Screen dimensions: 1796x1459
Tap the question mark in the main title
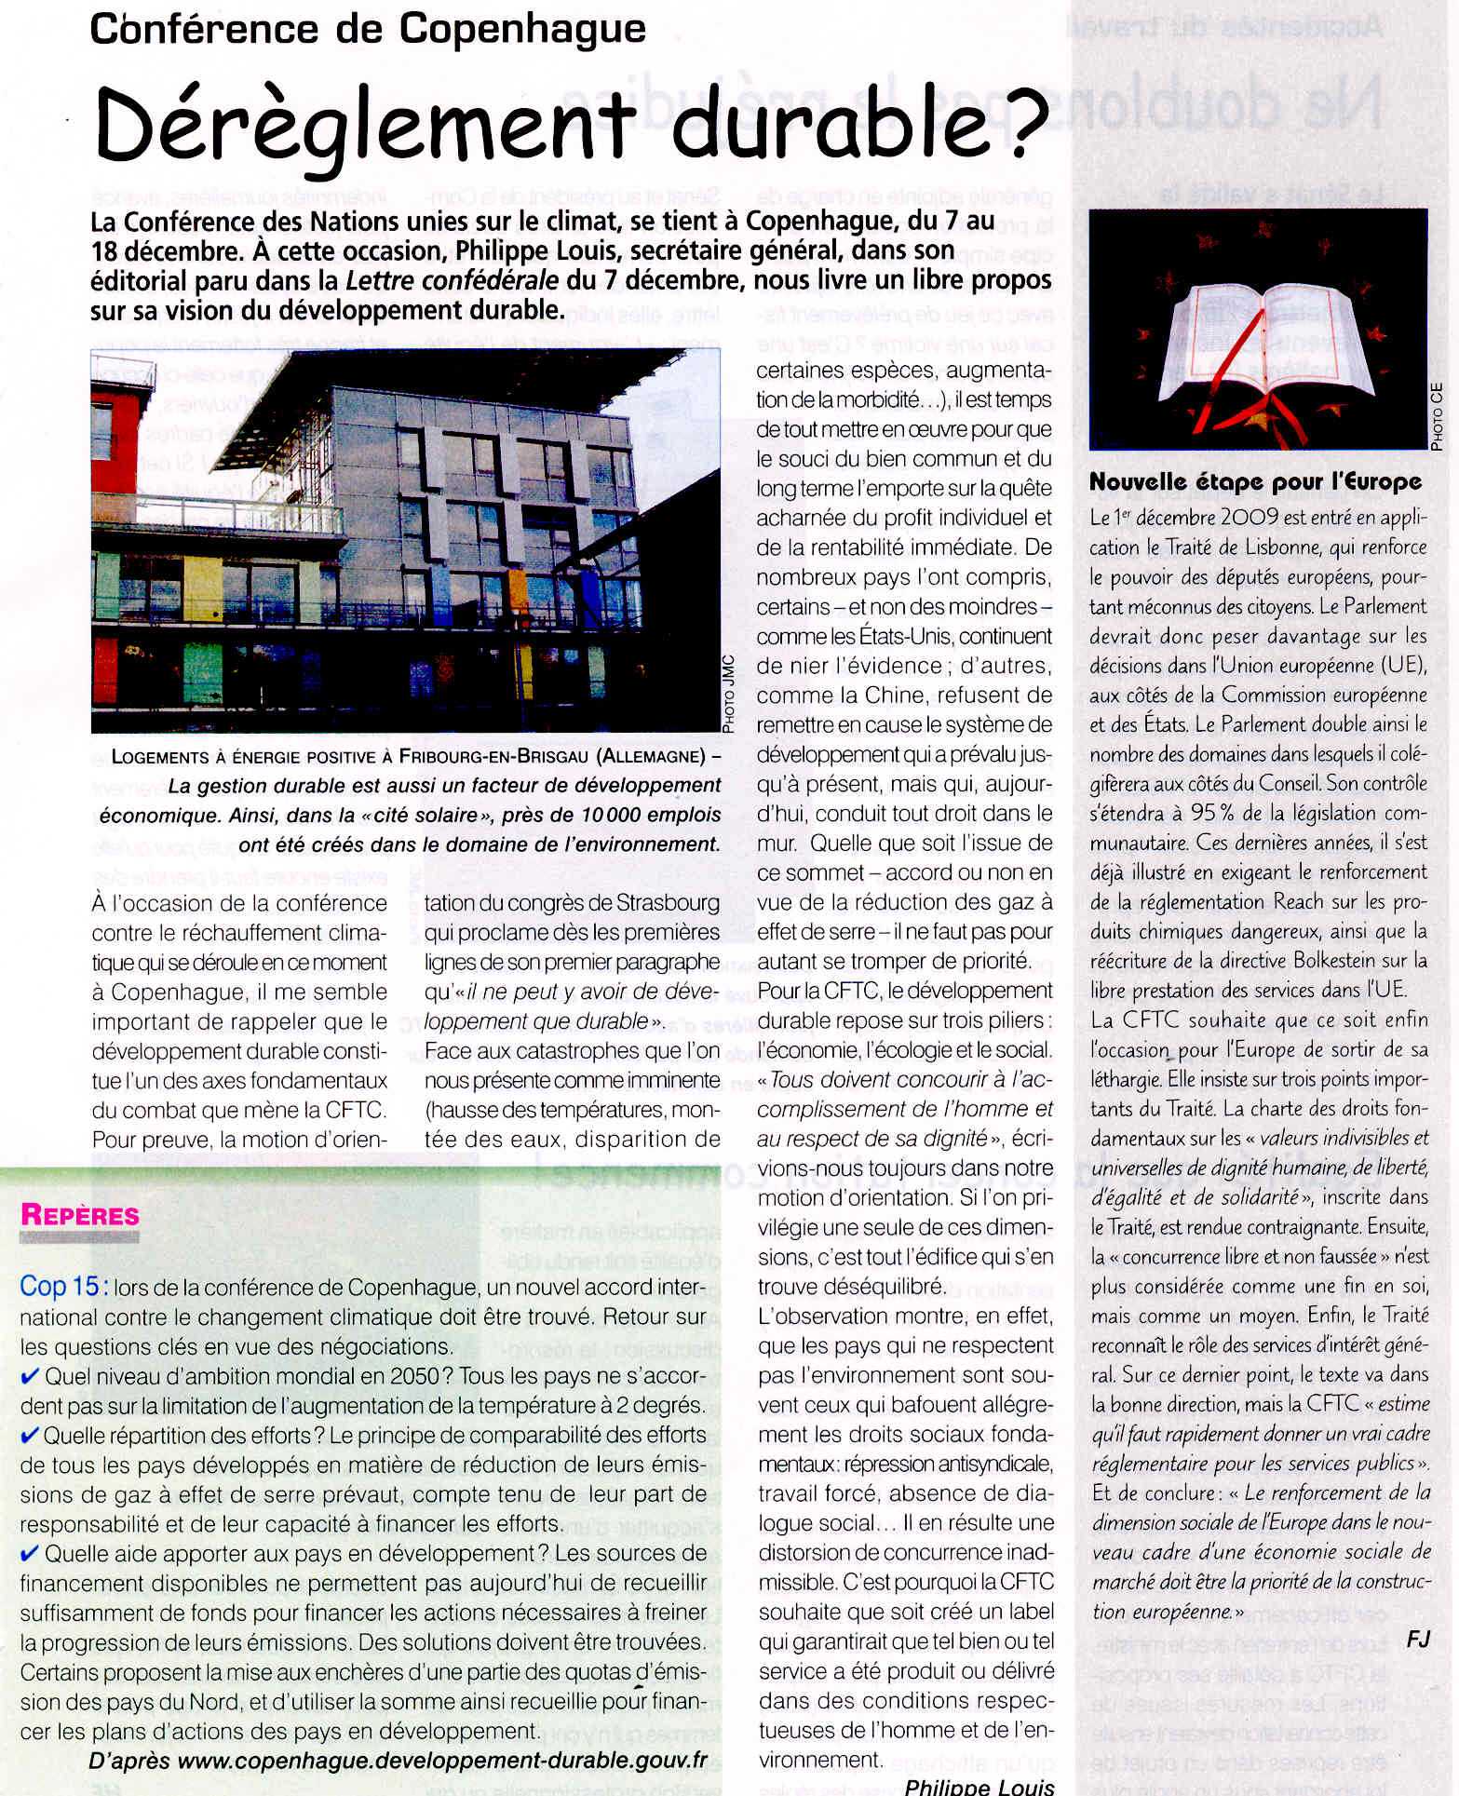click(x=1017, y=128)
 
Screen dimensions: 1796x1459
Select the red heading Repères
click(x=80, y=1215)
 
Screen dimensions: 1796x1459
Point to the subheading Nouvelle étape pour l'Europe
click(x=1256, y=482)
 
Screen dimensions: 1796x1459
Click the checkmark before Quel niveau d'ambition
click(x=30, y=1376)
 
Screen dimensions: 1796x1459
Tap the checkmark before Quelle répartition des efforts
click(x=30, y=1435)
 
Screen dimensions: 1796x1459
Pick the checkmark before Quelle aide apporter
click(x=30, y=1552)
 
